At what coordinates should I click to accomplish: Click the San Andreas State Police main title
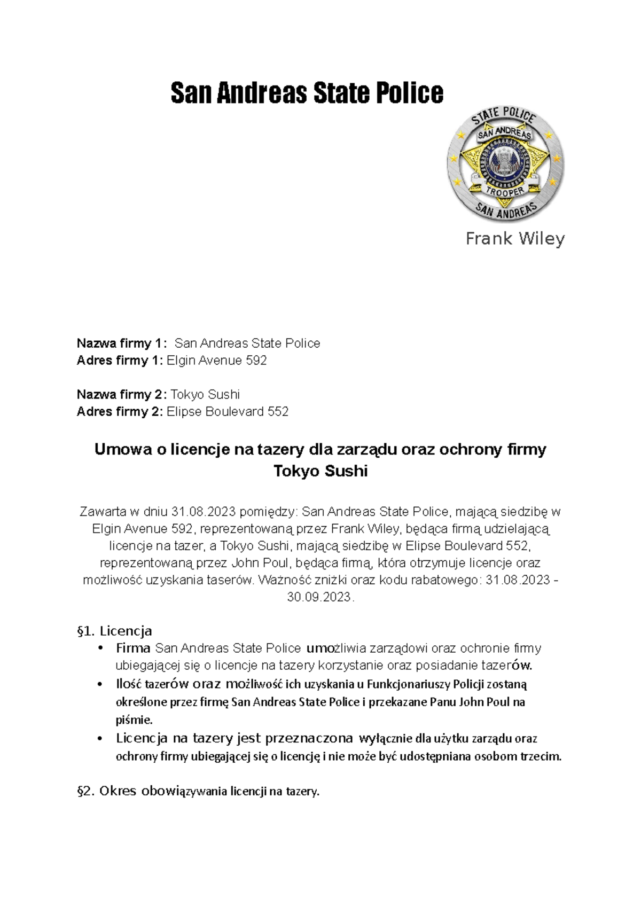pos(307,92)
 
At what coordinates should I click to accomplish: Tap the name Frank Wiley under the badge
pos(515,238)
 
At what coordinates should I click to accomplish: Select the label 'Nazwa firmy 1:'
pos(122,343)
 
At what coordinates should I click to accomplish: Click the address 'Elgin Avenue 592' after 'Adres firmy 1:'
pos(217,361)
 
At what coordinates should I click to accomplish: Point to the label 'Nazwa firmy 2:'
pos(122,395)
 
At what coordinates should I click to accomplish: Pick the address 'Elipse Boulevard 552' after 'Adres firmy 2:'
pos(228,412)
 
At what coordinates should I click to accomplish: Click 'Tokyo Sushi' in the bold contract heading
pos(320,472)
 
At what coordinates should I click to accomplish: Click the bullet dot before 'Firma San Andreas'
pos(100,648)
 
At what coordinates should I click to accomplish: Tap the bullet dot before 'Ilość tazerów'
pos(100,684)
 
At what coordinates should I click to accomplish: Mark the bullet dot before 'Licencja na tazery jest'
pos(100,739)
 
